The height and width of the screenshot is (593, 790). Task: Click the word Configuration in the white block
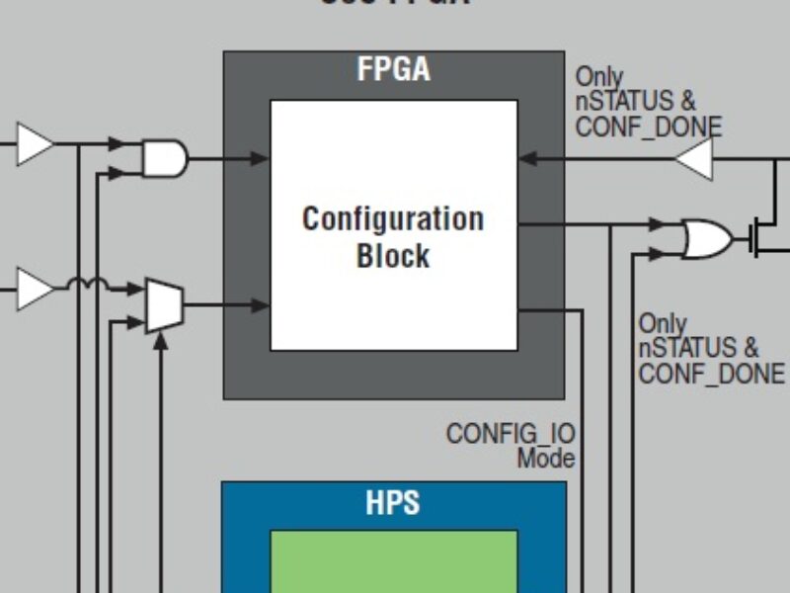393,218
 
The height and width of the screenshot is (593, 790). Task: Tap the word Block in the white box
393,256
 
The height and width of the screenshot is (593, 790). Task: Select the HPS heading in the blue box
393,502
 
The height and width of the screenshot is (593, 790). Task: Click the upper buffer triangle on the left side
37,145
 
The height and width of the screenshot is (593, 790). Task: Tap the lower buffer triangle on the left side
37,291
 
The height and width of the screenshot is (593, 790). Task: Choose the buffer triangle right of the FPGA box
693,159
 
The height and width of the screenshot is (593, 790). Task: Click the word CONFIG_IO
510,434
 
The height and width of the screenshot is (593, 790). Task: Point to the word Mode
545,459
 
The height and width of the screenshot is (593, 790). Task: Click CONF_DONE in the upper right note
648,127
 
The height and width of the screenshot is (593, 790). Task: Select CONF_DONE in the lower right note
711,374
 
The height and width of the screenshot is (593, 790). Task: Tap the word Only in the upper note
599,76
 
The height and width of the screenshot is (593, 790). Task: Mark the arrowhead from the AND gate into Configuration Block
260,158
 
